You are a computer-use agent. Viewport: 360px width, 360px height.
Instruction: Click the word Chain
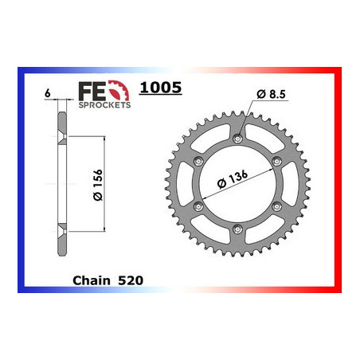pos(89,282)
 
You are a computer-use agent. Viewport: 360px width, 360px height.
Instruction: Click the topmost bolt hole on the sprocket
pos(237,140)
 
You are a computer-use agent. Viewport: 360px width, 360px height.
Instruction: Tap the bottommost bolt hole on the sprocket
pos(237,231)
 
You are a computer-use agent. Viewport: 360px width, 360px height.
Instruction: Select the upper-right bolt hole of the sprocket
pos(276,162)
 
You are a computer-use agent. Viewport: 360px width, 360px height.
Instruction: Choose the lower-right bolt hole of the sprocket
pos(276,208)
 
